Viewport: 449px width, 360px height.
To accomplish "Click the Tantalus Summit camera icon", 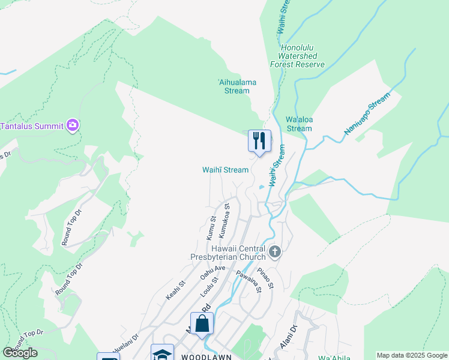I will pos(73,125).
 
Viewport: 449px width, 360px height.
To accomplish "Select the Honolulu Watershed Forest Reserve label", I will pos(297,56).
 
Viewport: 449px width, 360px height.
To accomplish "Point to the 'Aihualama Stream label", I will pos(233,86).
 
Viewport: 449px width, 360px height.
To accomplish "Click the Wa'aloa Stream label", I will pos(299,124).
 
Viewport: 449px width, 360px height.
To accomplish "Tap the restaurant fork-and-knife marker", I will pos(259,142).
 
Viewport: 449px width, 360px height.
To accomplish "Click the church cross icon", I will pos(275,251).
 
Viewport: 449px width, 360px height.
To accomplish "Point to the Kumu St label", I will pos(211,229).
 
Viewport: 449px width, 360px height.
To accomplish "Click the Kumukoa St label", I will pos(224,220).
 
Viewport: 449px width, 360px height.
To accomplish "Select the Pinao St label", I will pos(268,275).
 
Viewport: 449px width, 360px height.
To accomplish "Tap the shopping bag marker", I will pos(202,323).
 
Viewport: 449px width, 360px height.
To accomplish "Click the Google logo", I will pos(20,353).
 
